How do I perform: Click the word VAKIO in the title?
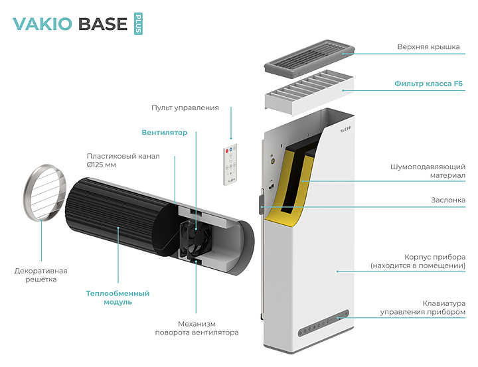[42, 24]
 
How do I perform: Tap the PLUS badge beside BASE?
[138, 23]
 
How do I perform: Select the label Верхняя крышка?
[428, 48]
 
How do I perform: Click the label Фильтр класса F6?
[429, 84]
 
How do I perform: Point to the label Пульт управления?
[185, 107]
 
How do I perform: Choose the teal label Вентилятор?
[165, 132]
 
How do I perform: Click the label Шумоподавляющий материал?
[429, 172]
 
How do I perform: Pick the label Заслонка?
[447, 200]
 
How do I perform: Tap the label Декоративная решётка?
[41, 275]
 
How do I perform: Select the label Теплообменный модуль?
[118, 297]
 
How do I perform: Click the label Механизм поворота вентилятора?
[197, 327]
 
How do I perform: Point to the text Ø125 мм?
[102, 165]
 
